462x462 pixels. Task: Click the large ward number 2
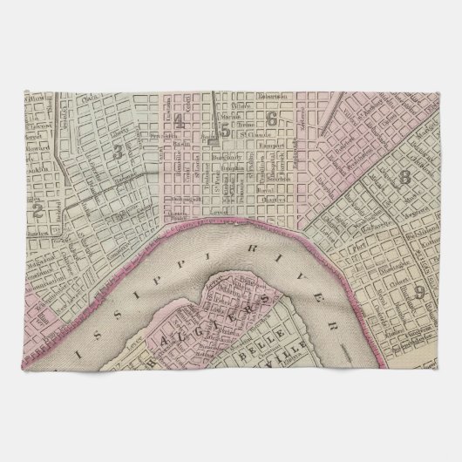pyautogui.click(x=37, y=208)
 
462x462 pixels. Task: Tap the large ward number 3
pyautogui.click(x=116, y=150)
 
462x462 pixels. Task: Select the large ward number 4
pyautogui.click(x=179, y=121)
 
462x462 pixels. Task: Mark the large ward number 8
pyautogui.click(x=404, y=180)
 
